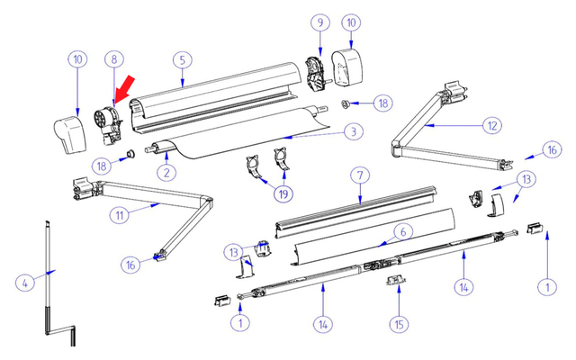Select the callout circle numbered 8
click(113, 59)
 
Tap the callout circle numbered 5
click(182, 59)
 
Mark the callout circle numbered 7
click(359, 174)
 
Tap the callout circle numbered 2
click(166, 171)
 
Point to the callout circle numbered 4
click(25, 283)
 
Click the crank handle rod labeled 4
click(47, 279)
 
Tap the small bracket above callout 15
click(392, 282)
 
